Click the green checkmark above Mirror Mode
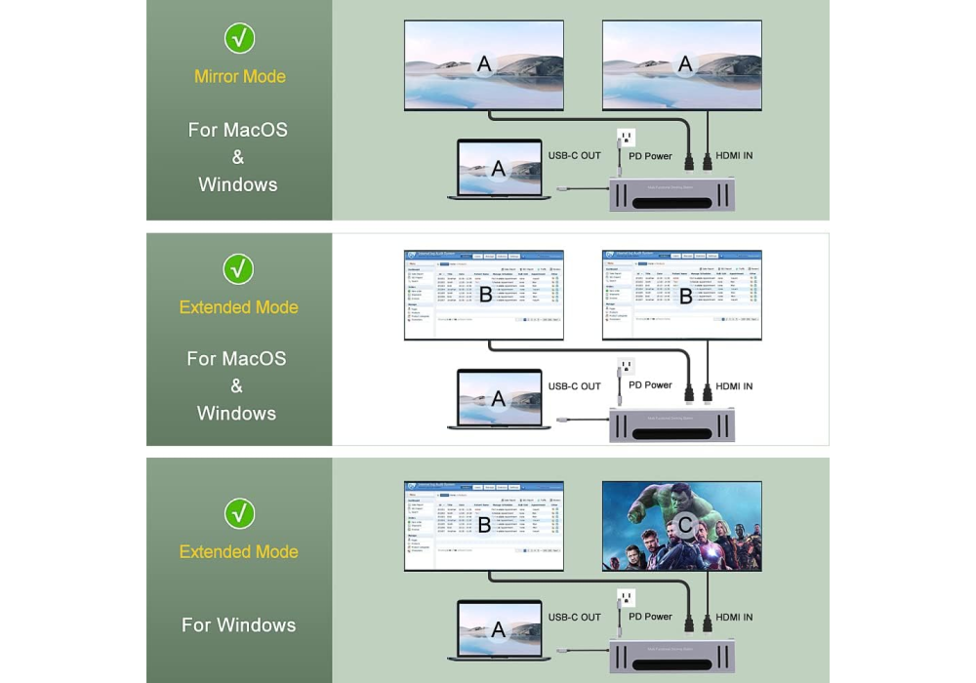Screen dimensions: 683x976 coord(240,38)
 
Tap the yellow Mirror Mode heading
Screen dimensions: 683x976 coord(240,76)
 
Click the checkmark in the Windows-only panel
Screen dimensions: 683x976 coord(239,513)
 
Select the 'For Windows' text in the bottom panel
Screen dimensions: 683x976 coord(238,625)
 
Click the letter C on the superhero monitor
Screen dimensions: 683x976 coord(685,527)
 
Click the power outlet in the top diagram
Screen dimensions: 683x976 coord(626,138)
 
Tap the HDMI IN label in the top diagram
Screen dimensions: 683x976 coord(734,156)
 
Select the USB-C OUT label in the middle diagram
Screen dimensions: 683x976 coord(575,386)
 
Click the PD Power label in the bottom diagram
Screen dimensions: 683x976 coord(650,617)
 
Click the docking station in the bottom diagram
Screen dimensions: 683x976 coord(671,655)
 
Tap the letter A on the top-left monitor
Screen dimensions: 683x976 coord(484,65)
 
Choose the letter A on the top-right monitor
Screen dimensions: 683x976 coord(685,65)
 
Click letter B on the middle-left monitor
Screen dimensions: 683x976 coord(484,296)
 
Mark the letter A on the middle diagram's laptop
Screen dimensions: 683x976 coord(498,399)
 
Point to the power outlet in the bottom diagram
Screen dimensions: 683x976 coord(626,598)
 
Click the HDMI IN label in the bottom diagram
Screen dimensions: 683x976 coord(734,617)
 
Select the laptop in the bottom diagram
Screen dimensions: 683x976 coord(498,630)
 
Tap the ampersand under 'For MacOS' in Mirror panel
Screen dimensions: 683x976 coord(238,157)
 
